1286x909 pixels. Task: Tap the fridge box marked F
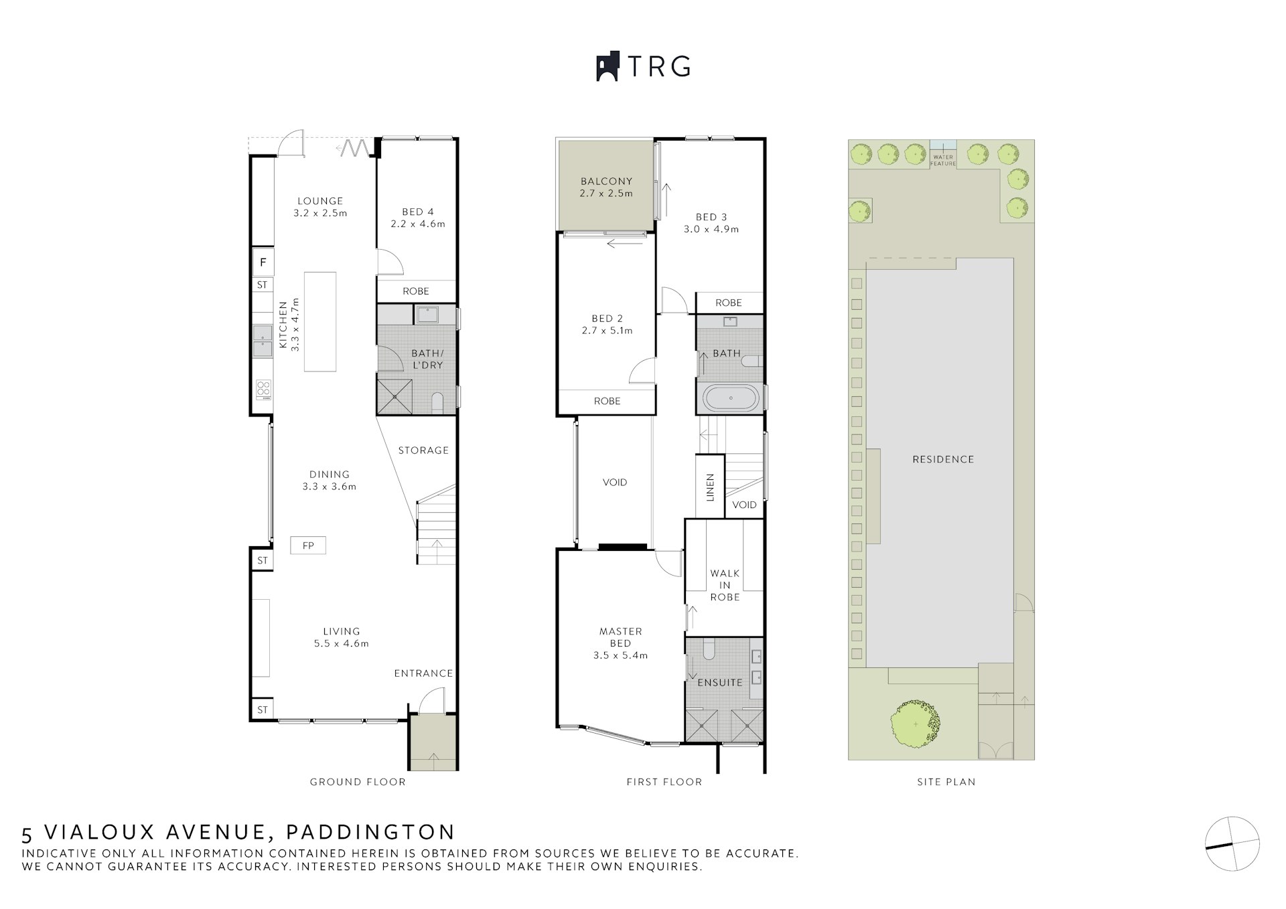tap(263, 262)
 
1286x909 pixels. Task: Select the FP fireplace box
tap(308, 546)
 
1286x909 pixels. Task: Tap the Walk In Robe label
tap(725, 585)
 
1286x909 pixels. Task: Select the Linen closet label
tap(711, 487)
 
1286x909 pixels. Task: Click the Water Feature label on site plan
tap(943, 161)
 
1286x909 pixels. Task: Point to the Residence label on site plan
tap(943, 459)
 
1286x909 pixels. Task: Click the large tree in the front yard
tap(915, 724)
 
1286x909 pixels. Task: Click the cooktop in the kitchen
tap(263, 388)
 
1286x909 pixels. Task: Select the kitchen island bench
tap(320, 321)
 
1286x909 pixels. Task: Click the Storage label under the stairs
tap(423, 450)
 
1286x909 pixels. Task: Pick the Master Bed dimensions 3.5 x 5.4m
tap(620, 655)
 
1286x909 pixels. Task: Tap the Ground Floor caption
tap(358, 782)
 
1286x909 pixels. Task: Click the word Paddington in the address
tap(370, 832)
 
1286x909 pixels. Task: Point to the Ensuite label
tap(720, 683)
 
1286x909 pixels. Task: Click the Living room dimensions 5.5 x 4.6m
tap(342, 643)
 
